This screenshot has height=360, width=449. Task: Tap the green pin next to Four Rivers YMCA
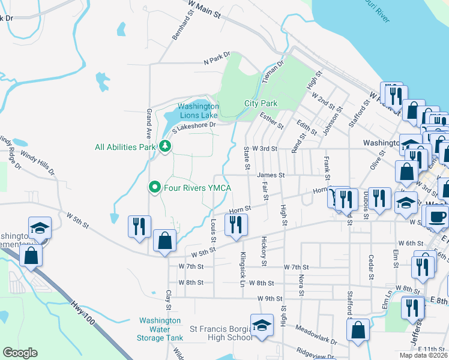(155, 188)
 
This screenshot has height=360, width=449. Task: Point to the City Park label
(261, 103)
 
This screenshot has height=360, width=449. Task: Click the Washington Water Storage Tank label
(159, 329)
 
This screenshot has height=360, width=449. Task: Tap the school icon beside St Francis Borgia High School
(262, 325)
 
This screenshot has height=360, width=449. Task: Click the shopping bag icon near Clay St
(164, 241)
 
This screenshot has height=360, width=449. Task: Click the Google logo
(20, 353)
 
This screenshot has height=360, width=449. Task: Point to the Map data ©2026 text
(423, 355)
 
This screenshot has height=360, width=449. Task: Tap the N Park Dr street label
(217, 61)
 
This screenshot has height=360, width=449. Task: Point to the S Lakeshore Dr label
(193, 127)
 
